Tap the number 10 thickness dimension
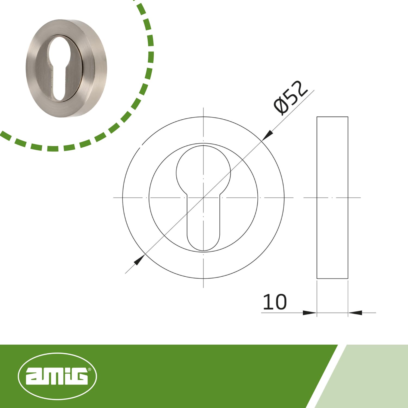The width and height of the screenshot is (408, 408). pyautogui.click(x=275, y=302)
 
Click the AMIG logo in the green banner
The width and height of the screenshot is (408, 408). pyautogui.click(x=57, y=376)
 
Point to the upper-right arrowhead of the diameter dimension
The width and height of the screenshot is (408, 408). pyautogui.click(x=268, y=135)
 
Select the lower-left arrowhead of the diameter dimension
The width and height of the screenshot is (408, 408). pyautogui.click(x=139, y=260)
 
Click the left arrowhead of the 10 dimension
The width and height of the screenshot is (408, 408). pyautogui.click(x=310, y=313)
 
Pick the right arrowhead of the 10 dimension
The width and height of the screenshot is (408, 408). pyautogui.click(x=355, y=313)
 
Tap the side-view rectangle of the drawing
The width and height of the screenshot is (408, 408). pyautogui.click(x=332, y=198)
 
